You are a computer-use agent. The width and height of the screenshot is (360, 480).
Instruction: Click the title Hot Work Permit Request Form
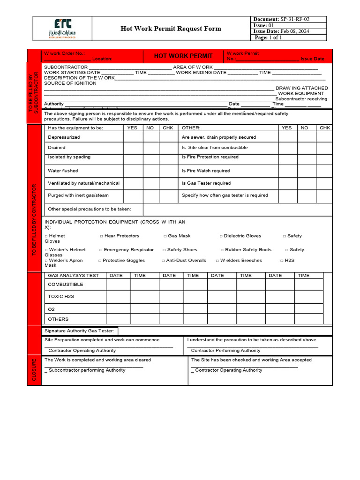171,29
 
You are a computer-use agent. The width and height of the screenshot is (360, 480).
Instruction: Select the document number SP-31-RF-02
295,19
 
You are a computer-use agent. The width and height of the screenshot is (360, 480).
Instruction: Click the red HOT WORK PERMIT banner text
183,56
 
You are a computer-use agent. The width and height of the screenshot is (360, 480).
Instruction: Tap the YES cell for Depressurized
133,137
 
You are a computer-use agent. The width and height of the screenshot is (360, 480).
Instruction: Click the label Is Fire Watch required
206,171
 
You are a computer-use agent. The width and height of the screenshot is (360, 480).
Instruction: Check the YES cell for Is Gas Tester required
287,183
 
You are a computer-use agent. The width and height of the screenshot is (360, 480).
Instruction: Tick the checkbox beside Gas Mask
165,236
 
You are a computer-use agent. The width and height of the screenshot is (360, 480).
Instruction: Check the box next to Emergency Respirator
101,250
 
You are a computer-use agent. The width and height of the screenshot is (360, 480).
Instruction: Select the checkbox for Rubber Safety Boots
222,250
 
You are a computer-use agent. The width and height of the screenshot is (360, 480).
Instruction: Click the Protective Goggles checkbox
100,261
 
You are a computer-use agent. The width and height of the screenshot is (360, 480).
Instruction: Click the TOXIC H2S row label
61,297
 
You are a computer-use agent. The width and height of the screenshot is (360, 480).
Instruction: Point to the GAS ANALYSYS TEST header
74,276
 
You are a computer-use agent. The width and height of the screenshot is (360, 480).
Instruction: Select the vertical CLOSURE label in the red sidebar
34,369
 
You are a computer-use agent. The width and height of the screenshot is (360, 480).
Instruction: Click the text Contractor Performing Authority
225,351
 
